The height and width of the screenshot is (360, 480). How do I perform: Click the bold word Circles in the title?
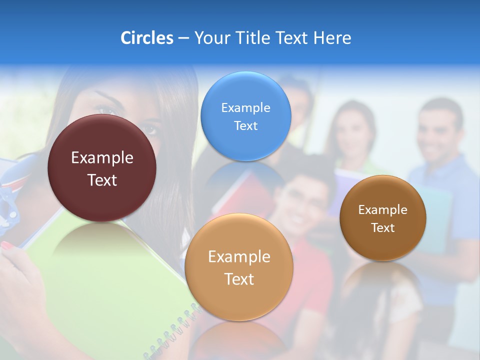point(146,38)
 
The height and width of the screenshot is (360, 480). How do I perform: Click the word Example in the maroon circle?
point(102,158)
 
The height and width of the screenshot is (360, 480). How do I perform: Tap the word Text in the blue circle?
point(245,125)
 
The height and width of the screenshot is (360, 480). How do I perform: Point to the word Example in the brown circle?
point(383,210)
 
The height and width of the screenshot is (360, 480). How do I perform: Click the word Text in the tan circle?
point(239,279)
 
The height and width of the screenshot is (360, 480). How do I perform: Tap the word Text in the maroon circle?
point(102,180)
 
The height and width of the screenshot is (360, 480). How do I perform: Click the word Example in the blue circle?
point(245,107)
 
